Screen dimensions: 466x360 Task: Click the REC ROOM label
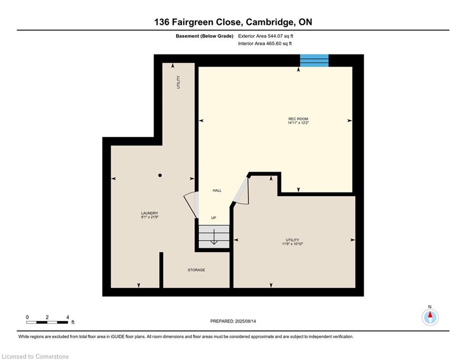click(x=298, y=119)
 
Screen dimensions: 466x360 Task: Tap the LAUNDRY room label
click(x=149, y=213)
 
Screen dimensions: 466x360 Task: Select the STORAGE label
click(x=196, y=270)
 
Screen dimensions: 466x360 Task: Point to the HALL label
click(x=217, y=190)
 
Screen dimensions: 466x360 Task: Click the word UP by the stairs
click(x=214, y=218)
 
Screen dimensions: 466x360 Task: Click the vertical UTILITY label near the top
click(x=178, y=82)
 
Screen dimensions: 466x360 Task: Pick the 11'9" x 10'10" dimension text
click(x=292, y=244)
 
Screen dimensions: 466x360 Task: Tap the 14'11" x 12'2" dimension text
click(x=298, y=123)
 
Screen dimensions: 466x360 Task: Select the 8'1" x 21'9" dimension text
click(x=149, y=217)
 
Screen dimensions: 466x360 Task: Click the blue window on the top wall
click(x=314, y=60)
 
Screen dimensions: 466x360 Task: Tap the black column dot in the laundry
click(x=160, y=175)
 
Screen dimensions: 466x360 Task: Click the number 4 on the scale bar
click(x=68, y=317)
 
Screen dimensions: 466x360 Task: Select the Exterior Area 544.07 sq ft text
click(x=266, y=36)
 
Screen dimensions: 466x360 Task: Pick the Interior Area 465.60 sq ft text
click(x=265, y=44)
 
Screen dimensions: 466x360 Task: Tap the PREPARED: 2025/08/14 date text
click(x=233, y=321)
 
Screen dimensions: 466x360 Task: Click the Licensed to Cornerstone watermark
click(x=35, y=356)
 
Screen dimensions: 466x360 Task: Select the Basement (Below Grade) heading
click(x=205, y=36)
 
